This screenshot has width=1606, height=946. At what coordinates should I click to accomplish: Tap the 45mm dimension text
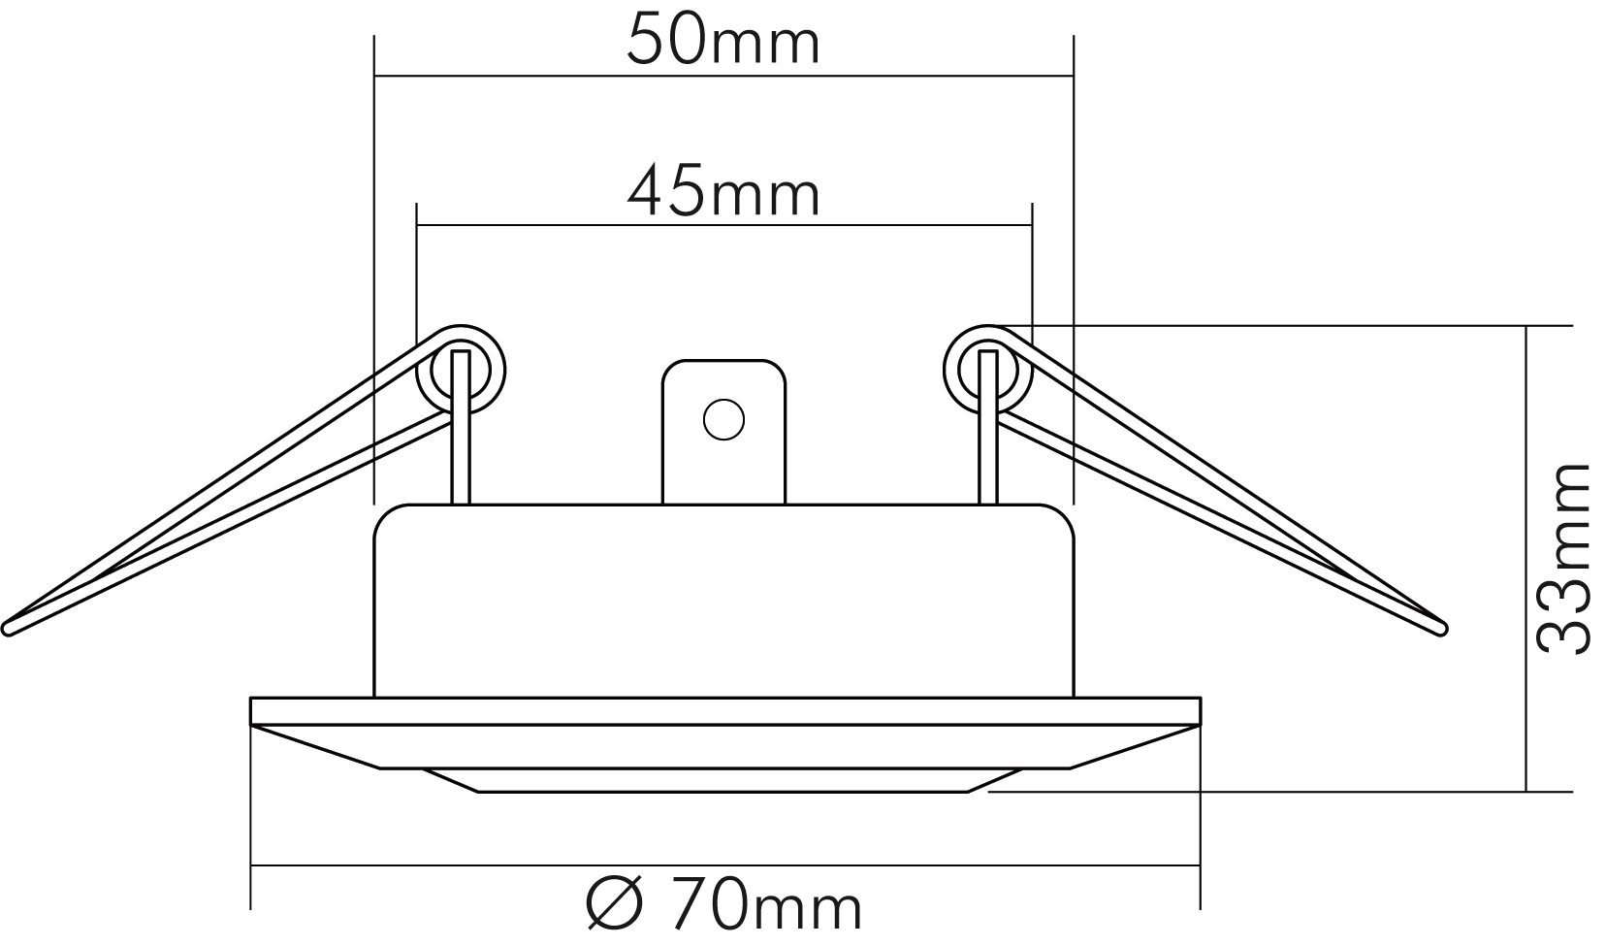click(x=723, y=193)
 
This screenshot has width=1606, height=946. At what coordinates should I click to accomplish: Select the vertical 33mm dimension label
click(x=1562, y=559)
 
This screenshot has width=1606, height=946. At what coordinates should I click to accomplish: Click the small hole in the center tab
click(x=723, y=420)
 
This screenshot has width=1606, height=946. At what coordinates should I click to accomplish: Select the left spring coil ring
click(x=461, y=370)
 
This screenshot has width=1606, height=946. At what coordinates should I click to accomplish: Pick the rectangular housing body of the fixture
click(x=723, y=602)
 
